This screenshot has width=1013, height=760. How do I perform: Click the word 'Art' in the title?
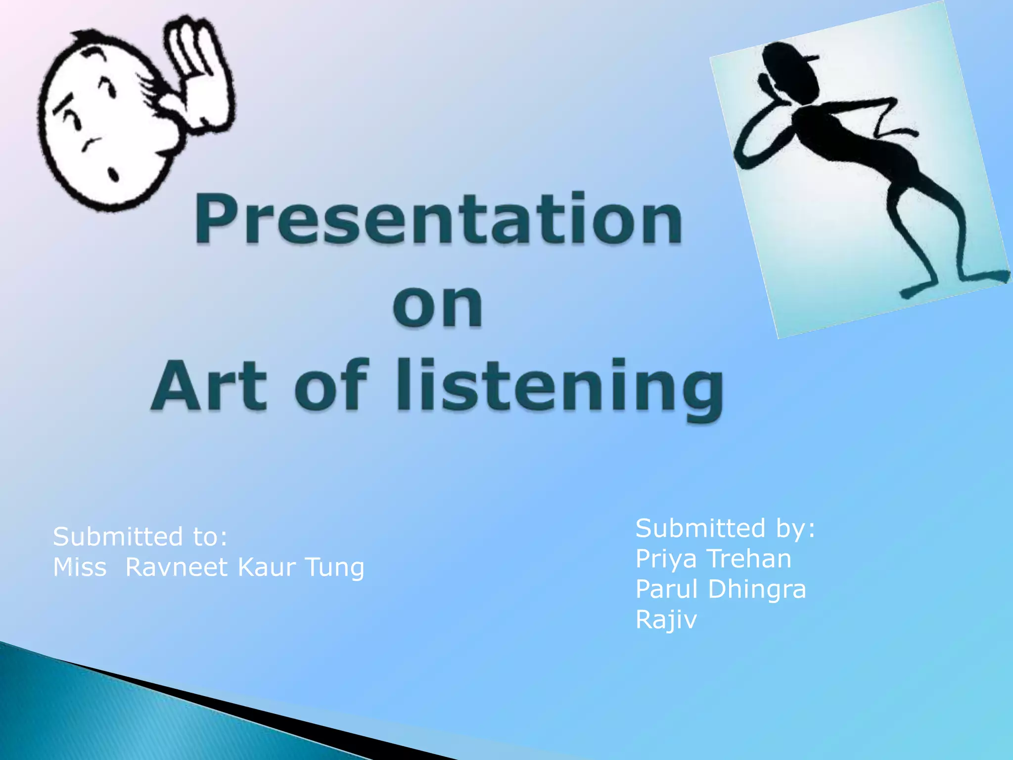[x=210, y=386]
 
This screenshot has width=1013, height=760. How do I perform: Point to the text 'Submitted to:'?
[x=140, y=537]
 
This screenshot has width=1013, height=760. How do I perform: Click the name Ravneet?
[x=176, y=567]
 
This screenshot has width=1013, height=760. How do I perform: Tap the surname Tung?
[x=334, y=568]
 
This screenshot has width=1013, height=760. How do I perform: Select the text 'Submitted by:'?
[x=725, y=528]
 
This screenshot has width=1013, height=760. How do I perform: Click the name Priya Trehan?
[x=713, y=559]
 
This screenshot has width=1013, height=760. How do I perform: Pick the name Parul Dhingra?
[x=720, y=589]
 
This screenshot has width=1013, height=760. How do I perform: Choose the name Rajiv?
[x=666, y=619]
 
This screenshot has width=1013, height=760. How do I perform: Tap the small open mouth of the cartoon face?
[x=113, y=174]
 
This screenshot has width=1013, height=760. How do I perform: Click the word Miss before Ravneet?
[x=80, y=567]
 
